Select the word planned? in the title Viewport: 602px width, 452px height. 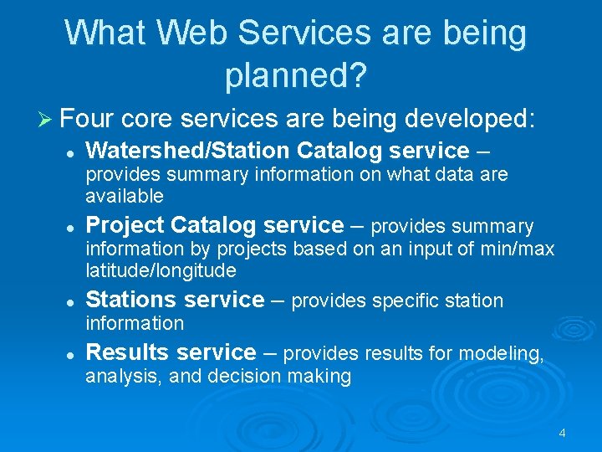pos(295,75)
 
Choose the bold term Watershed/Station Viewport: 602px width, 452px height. pos(188,151)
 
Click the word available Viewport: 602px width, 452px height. pos(125,196)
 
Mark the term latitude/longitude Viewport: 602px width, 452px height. pos(161,271)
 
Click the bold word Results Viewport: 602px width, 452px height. pos(125,352)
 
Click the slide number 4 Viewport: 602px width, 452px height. pos(562,433)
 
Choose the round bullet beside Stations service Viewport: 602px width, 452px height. pos(72,301)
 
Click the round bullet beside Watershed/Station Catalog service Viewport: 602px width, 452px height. pos(72,152)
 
